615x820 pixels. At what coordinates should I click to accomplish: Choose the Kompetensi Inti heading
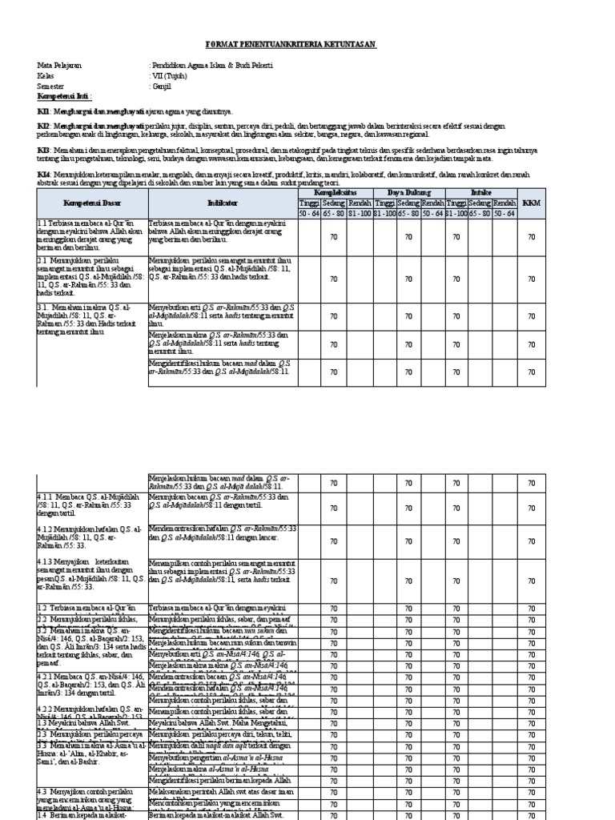(x=62, y=95)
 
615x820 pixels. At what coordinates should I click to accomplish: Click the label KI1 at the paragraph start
(x=43, y=111)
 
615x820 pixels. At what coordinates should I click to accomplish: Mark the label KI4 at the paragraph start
(x=43, y=173)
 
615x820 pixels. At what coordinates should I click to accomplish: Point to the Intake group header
(x=480, y=193)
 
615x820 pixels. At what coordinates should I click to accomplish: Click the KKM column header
(x=531, y=203)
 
